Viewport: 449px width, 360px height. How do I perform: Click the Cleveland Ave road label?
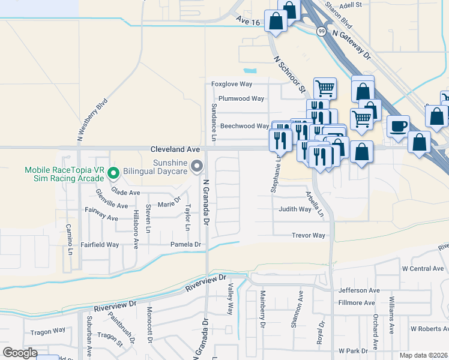(x=175, y=149)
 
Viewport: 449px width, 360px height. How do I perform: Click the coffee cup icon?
(x=397, y=126)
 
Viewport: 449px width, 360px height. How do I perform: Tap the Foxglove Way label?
(x=231, y=85)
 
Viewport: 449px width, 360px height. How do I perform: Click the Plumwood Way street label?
(x=241, y=99)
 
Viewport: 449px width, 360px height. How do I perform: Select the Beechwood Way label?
(x=244, y=127)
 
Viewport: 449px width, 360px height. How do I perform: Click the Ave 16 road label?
(x=248, y=22)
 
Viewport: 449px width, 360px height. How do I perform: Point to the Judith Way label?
(x=295, y=209)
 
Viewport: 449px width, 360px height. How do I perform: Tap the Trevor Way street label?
(x=309, y=236)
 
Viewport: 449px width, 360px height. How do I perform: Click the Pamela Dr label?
(x=185, y=245)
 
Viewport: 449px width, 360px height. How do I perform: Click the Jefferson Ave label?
(x=359, y=290)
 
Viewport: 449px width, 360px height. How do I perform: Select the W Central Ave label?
(x=423, y=268)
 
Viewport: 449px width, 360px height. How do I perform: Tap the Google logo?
(x=20, y=353)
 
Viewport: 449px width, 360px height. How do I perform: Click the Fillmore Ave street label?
(x=359, y=303)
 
